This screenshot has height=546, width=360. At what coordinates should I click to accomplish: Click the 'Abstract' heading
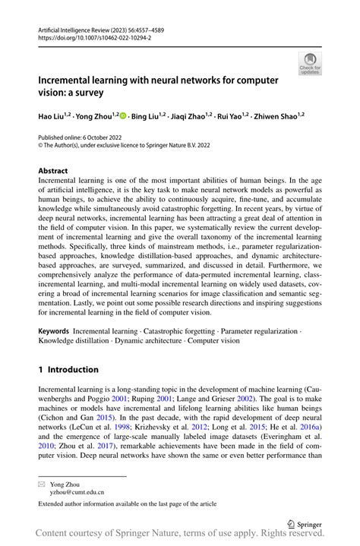(53, 171)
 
